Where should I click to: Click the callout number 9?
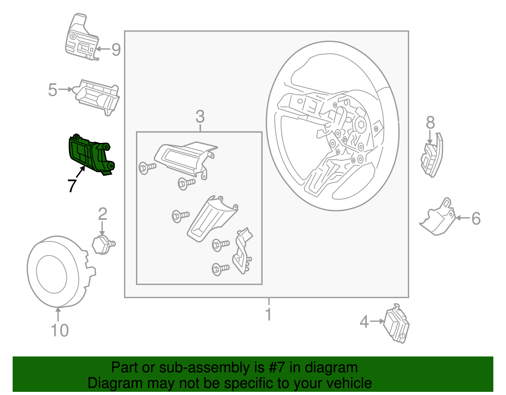coord(116,50)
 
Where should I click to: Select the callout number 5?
coord(52,90)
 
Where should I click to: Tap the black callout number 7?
coord(72,186)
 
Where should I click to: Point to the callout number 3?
coord(200,116)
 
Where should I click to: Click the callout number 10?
coord(59,330)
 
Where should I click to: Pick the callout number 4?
coord(364,322)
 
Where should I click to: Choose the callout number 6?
coord(476,219)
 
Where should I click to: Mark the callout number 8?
coord(430,122)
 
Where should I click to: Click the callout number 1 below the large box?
coord(268,314)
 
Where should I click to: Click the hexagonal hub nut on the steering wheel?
coord(361,125)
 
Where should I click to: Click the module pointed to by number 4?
coord(396,324)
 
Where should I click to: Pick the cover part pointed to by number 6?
coord(437,217)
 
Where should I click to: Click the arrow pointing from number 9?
coord(103,49)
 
